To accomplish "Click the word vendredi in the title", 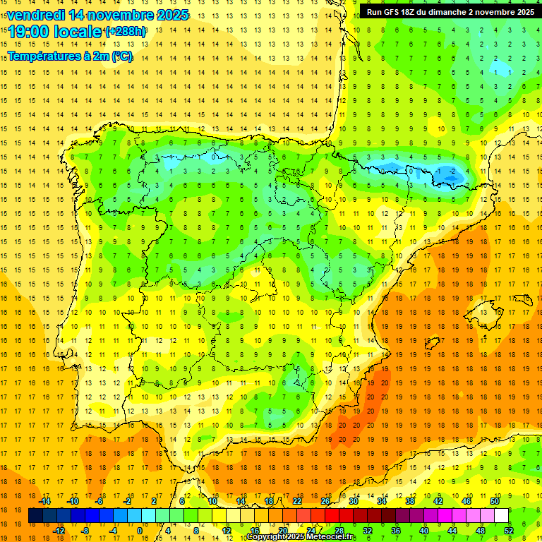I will click(36, 15).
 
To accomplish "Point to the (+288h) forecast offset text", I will click(126, 32).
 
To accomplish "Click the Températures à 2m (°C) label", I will click(70, 56).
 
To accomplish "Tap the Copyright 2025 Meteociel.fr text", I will click(301, 537).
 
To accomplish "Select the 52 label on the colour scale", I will click(509, 531).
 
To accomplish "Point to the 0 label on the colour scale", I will click(139, 531).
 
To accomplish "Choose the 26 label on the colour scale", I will click(325, 501).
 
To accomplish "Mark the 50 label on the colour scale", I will click(495, 501).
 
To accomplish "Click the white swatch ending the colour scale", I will click(502, 516).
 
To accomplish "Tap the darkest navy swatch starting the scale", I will click(35, 516).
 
